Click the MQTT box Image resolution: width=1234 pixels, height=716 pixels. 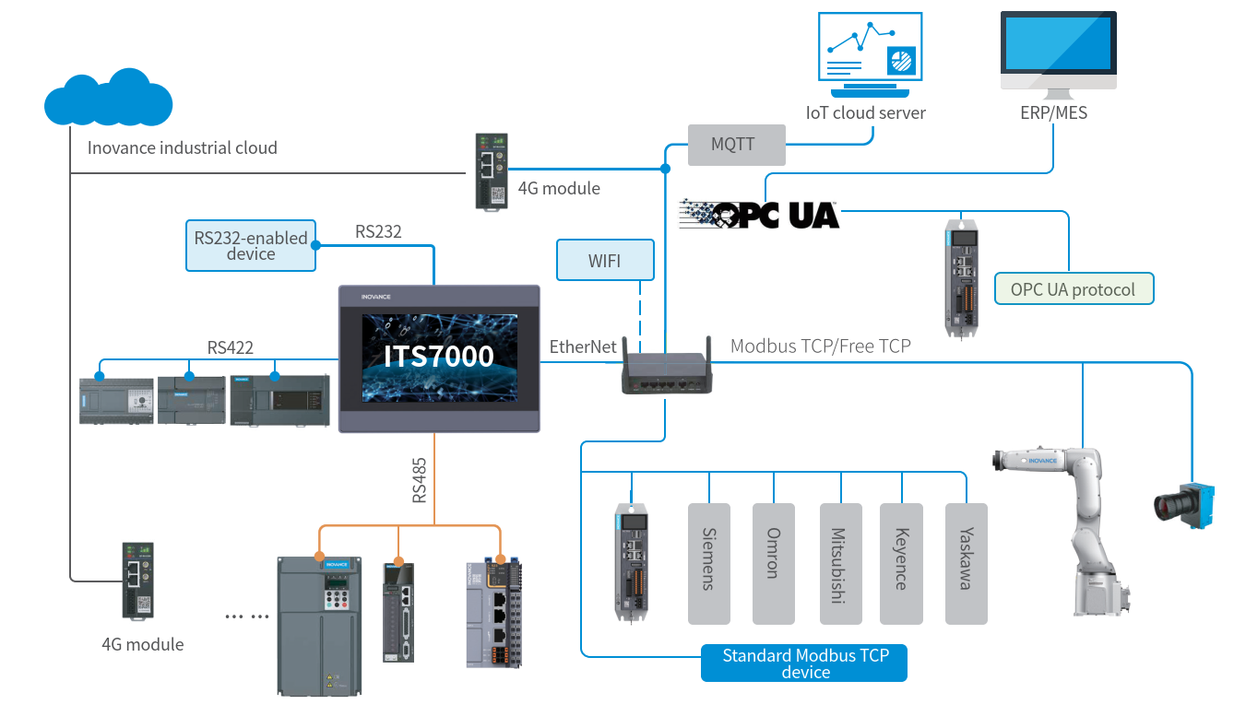coord(737,145)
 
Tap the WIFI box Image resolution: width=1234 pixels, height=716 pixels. coord(605,260)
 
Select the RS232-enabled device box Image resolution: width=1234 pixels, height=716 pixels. coord(251,245)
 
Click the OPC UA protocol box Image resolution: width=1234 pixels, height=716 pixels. coord(1074,289)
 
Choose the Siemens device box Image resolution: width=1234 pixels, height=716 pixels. coord(709,564)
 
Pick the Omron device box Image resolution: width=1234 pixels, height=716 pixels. coord(774,564)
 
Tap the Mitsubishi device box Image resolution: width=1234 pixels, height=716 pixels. coord(841,564)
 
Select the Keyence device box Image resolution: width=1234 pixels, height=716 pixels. coord(901,564)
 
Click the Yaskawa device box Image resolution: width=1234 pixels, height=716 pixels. coord(967,564)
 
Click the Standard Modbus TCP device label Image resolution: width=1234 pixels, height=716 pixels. coord(804,663)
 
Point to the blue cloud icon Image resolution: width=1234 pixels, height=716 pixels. coord(109,98)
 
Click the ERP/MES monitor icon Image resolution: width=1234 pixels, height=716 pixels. coord(1058,54)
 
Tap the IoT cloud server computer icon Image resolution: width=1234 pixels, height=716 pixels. coord(870,54)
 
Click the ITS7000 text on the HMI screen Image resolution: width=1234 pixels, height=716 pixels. coord(439,356)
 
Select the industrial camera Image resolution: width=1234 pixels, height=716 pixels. coord(1184,505)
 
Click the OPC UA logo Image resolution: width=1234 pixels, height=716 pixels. coord(759,214)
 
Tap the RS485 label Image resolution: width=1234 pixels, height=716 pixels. coord(420,480)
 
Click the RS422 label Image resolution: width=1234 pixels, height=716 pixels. coord(231,347)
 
